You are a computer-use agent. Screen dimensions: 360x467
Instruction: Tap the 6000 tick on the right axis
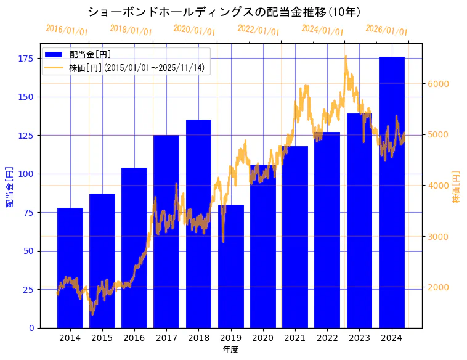pyautogui.click(x=439, y=84)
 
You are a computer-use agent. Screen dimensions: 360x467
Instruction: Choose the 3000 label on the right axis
pyautogui.click(x=439, y=237)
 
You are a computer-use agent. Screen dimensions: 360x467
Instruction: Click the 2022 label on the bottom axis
pyautogui.click(x=327, y=338)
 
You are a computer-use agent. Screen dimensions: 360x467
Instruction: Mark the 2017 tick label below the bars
pyautogui.click(x=166, y=338)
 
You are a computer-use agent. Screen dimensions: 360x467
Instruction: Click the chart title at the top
pyautogui.click(x=224, y=12)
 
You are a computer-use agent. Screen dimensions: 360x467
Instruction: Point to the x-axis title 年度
pyautogui.click(x=230, y=350)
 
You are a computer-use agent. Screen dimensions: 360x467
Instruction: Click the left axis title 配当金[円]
pyautogui.click(x=9, y=186)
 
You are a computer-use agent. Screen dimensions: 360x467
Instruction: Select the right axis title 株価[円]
pyautogui.click(x=457, y=187)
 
